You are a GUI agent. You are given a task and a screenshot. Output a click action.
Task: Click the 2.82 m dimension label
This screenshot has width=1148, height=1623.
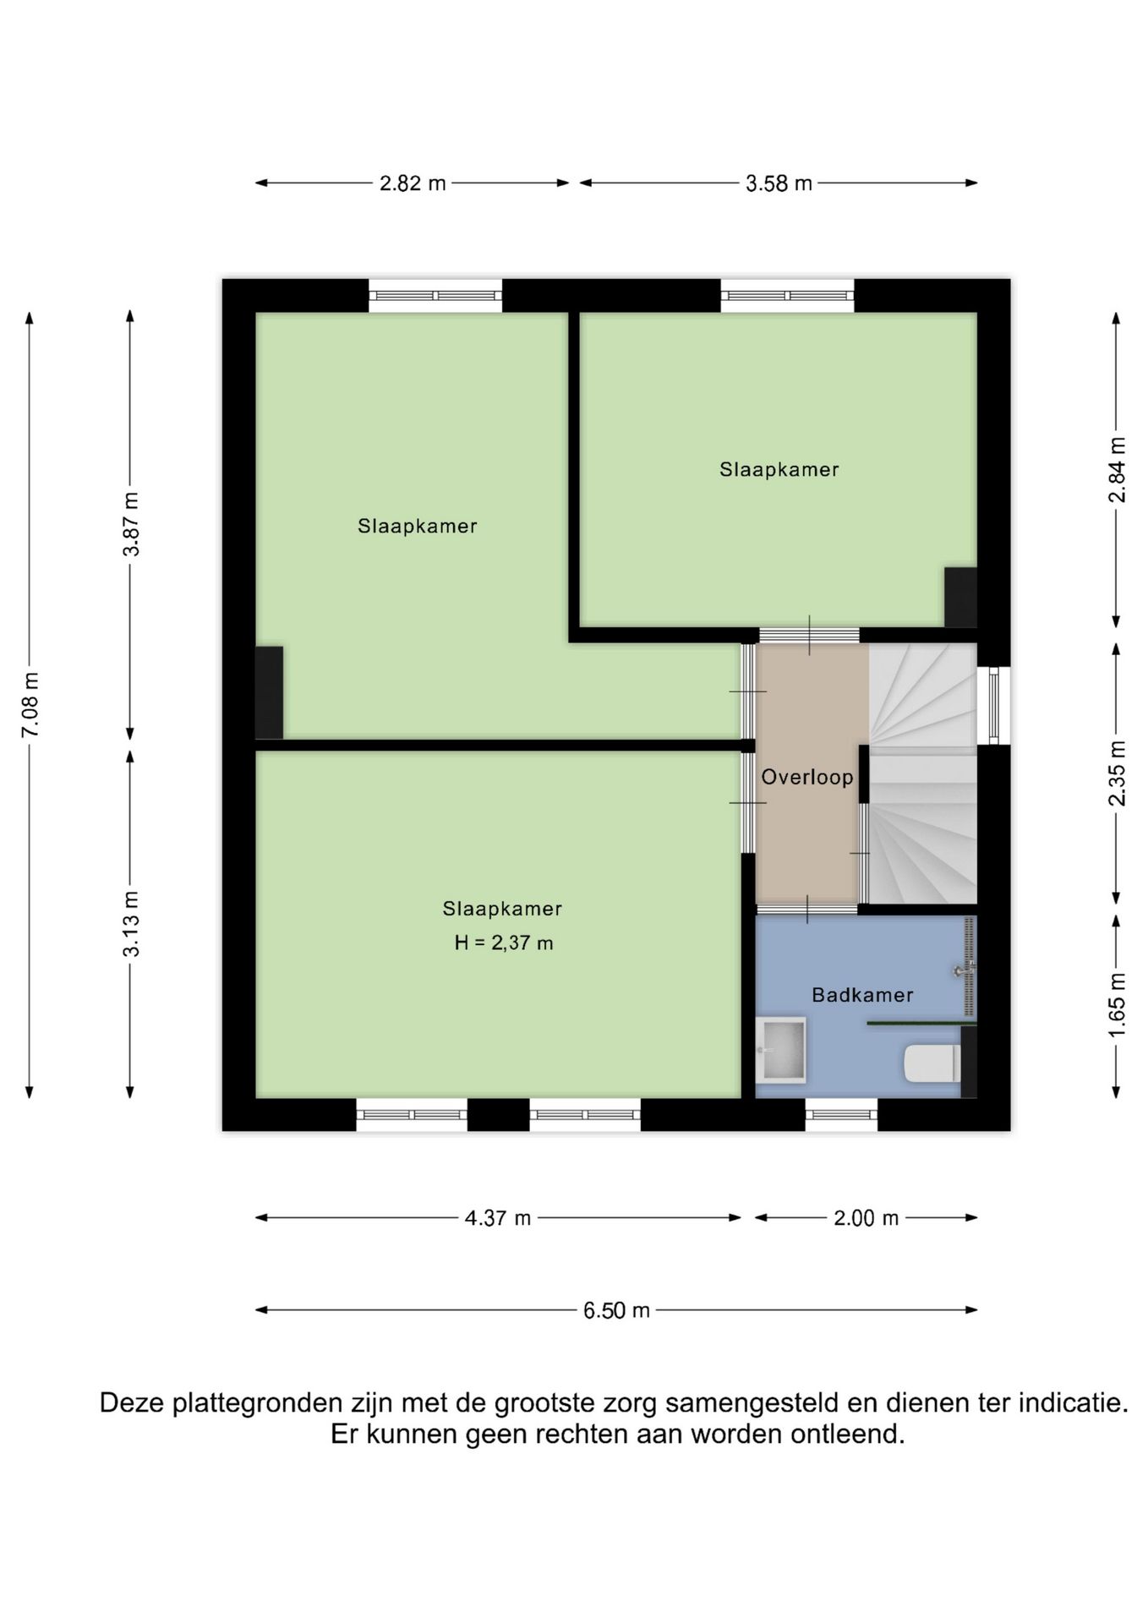413,183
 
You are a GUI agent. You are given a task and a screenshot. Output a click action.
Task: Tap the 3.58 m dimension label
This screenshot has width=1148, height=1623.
779,183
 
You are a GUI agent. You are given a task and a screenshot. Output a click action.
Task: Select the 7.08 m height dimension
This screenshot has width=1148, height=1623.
30,705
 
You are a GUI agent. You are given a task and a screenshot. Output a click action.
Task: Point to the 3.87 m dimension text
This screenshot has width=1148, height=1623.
131,524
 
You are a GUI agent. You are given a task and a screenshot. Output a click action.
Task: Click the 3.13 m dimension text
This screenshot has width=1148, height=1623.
131,924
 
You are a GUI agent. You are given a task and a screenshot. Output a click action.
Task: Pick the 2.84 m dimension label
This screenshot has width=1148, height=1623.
1118,470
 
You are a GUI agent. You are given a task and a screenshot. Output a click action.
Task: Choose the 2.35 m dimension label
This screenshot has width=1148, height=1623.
1118,773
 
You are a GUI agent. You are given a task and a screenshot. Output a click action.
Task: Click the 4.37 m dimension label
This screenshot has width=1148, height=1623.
498,1218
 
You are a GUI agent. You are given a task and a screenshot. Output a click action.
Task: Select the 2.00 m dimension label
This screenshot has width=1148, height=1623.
866,1218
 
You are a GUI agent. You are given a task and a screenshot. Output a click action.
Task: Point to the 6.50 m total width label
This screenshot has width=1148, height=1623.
616,1310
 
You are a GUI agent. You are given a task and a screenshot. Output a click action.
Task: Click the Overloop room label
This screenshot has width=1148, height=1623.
807,777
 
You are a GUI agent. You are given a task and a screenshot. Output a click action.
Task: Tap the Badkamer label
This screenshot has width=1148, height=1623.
862,995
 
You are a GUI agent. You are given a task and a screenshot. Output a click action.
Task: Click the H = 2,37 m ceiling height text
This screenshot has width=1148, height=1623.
504,943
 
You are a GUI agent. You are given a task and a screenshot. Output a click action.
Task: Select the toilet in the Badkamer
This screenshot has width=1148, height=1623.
933,1063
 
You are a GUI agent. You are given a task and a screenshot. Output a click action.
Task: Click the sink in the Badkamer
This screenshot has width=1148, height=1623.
781,1049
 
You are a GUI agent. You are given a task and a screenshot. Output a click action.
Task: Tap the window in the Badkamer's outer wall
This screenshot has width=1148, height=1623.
841,1115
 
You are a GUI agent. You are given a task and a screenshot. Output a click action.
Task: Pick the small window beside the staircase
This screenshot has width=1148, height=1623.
994,705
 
